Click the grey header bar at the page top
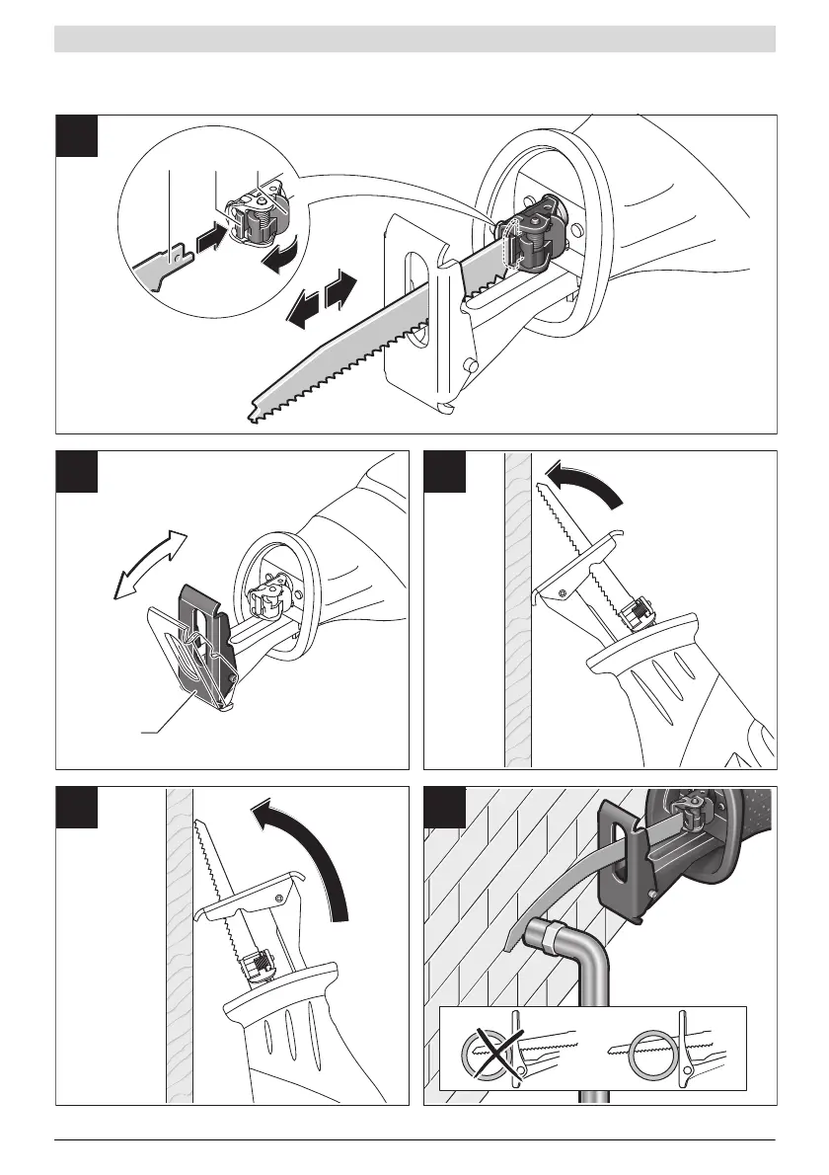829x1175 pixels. click(x=414, y=39)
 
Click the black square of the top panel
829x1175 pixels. click(x=77, y=135)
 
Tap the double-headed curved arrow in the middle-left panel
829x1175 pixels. click(x=148, y=563)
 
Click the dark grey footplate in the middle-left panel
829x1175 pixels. click(x=202, y=642)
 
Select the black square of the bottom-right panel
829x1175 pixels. click(x=445, y=807)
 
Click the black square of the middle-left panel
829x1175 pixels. click(x=77, y=471)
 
